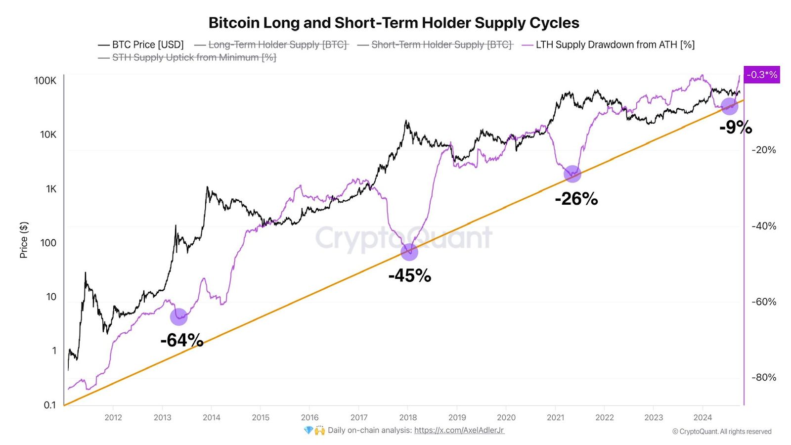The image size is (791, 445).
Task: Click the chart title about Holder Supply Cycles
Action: [x=394, y=23]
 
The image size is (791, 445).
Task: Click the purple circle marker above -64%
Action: [x=178, y=316]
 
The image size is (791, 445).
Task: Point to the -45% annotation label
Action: [x=409, y=275]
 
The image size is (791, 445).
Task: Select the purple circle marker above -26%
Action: [x=572, y=174]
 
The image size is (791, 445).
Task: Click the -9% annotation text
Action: [x=735, y=127]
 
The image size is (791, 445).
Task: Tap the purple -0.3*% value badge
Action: [x=761, y=75]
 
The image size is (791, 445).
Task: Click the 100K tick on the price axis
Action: [x=45, y=81]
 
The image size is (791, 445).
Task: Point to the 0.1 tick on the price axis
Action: [x=50, y=405]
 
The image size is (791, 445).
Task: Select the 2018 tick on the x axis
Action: [x=408, y=417]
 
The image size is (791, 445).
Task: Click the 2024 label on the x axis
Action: [x=703, y=417]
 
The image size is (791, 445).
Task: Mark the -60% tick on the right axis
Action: [x=764, y=302]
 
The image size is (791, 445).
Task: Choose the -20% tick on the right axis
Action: [x=764, y=150]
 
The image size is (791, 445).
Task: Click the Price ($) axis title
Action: [x=24, y=240]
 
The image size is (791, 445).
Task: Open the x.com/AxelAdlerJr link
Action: [x=459, y=430]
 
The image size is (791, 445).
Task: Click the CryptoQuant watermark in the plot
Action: [x=403, y=237]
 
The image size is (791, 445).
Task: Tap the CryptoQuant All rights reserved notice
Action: [x=722, y=432]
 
